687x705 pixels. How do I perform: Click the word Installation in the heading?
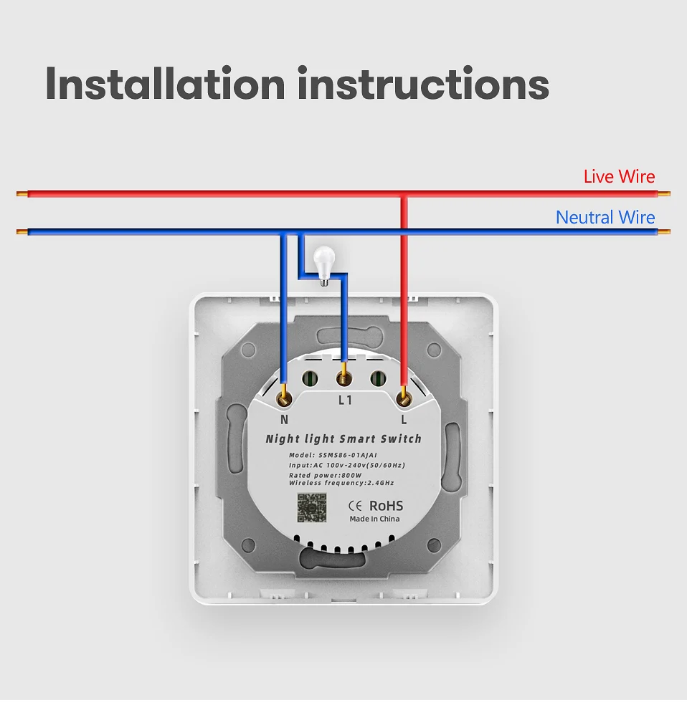coord(166,85)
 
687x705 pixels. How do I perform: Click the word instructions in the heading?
coord(423,85)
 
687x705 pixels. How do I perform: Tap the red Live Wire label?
coord(619,176)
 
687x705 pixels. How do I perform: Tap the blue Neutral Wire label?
coord(605,217)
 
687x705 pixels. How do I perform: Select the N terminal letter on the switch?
coord(284,420)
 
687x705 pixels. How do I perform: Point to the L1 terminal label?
coord(345,400)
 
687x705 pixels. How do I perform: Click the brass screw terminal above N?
coord(285,395)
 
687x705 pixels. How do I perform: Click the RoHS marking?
coord(386,506)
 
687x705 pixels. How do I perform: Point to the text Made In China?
coord(374,519)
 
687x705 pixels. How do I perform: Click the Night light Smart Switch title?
coord(343,438)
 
